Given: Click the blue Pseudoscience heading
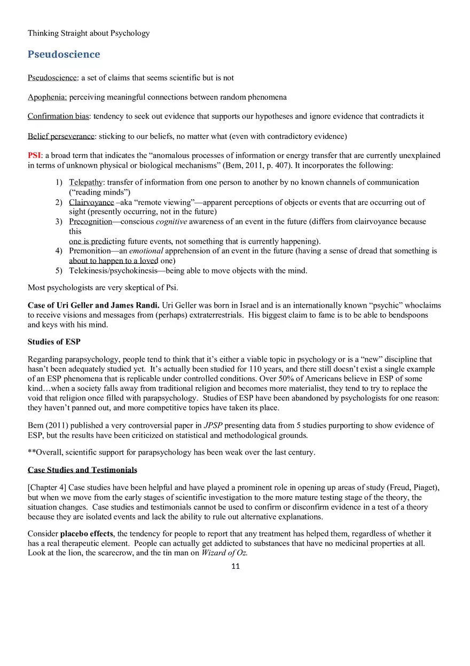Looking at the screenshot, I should tap(64, 54).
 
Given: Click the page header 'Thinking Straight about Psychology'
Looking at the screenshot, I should tap(89, 33).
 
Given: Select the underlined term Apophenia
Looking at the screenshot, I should tap(47, 97).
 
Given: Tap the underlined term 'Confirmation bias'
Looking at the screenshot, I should tap(58, 116).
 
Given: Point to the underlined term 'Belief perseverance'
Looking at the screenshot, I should tap(61, 136).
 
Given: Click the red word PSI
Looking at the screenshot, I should tap(34, 155).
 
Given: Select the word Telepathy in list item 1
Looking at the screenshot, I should tap(85, 183).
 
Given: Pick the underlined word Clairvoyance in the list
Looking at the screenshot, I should tap(91, 202).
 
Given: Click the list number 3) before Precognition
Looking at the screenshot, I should tap(59, 222).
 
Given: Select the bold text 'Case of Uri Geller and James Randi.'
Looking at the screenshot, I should tap(93, 305).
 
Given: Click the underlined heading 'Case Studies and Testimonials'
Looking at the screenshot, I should tap(82, 470).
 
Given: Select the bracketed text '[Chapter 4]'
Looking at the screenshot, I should tap(47, 488).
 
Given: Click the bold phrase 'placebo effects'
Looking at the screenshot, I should tap(87, 534).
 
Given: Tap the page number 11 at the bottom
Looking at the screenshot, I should tap(235, 567).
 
